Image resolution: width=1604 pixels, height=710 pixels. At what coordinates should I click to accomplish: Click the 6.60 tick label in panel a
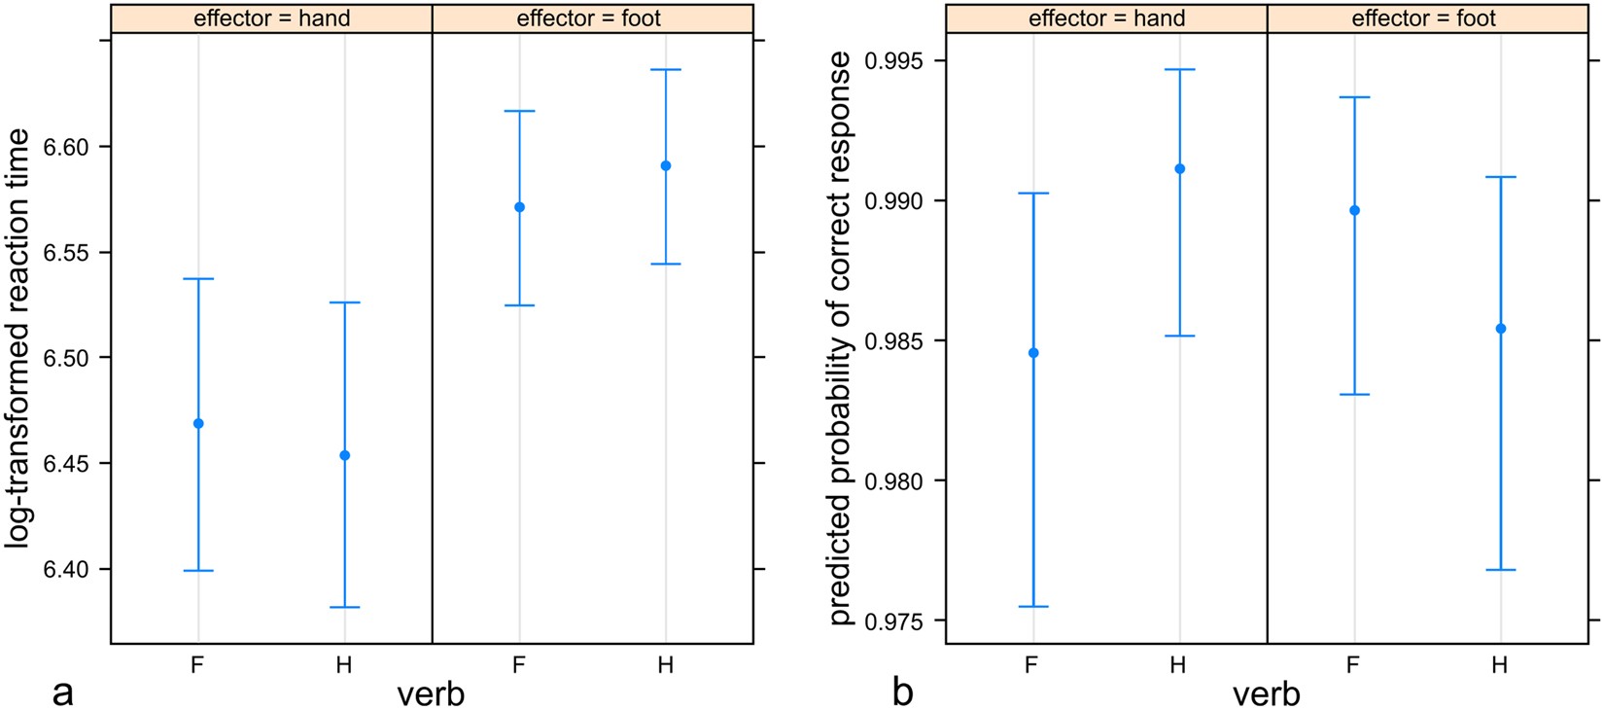coord(65,147)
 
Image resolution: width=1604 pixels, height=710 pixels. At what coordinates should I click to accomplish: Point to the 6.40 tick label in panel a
coord(65,569)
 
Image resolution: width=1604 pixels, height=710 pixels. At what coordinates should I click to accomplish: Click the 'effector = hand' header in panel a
coord(271,18)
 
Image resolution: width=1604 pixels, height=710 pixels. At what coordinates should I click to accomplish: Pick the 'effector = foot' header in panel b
coord(1423,18)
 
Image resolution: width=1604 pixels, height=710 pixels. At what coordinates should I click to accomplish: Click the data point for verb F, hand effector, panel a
coord(198,423)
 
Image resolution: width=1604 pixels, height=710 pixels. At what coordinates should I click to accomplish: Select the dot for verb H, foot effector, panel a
coord(666,165)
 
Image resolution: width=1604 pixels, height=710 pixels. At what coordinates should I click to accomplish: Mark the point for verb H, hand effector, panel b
coord(1180,168)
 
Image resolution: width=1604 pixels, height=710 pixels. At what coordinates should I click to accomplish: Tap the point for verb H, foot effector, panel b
coord(1501,329)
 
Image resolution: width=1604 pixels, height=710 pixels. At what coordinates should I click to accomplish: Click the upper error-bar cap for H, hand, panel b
coord(1180,70)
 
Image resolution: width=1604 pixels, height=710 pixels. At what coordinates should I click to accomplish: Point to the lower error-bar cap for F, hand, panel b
coord(1033,606)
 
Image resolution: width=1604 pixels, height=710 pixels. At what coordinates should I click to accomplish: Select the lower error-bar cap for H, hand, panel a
coord(344,607)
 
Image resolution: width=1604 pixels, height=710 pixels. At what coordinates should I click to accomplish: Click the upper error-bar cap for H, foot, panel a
coord(666,70)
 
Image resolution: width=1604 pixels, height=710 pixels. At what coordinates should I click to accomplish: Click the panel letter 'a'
coord(62,692)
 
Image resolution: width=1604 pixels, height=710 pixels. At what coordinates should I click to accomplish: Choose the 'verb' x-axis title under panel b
coord(1266,694)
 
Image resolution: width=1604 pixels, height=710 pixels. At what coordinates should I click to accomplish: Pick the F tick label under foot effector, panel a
coord(518,665)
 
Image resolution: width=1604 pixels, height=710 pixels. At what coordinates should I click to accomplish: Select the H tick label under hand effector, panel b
coord(1178,665)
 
